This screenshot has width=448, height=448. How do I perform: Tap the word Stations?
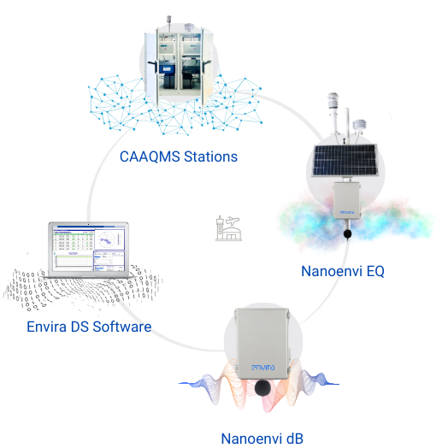[x=208, y=157]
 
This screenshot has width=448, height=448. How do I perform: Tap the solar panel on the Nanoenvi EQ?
[x=345, y=158]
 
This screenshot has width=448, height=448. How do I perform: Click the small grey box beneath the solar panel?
[x=345, y=198]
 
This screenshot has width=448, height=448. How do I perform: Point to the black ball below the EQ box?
[x=346, y=233]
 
